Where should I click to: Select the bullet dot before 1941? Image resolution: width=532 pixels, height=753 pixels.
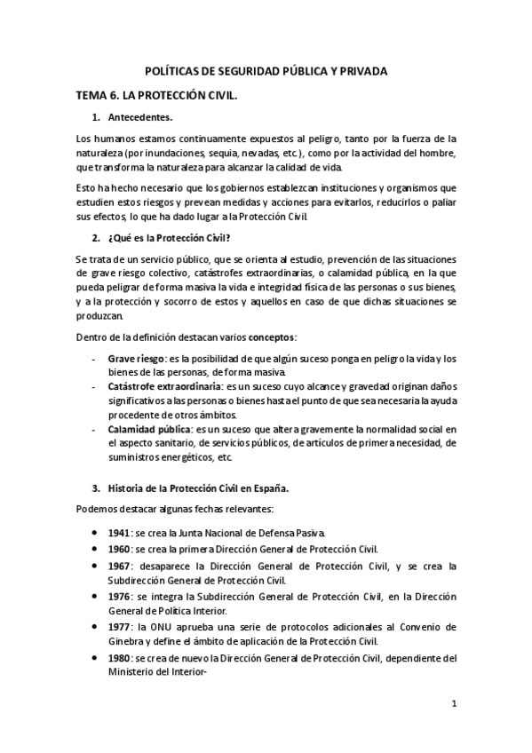95,533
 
